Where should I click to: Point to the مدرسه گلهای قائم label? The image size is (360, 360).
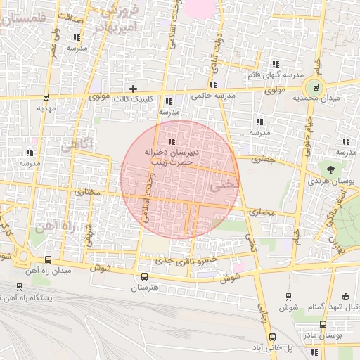point(275,75)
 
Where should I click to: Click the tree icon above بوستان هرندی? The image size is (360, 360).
point(330,169)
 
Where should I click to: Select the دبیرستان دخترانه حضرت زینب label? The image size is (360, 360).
point(173,156)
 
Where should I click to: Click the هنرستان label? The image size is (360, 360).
point(144,288)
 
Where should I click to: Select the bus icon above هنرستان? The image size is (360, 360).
point(144,276)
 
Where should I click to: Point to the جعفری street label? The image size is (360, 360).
point(261,160)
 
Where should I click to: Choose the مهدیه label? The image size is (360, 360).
point(46,109)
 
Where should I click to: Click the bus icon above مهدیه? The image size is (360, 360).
point(46,98)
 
